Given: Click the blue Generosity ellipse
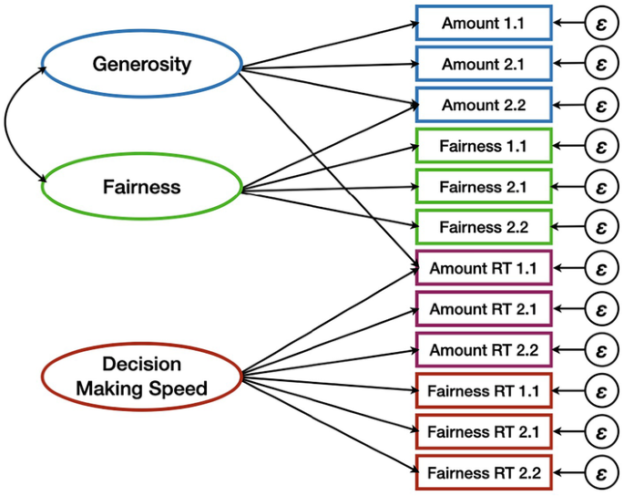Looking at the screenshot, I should [141, 65].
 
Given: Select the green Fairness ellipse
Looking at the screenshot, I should [141, 188].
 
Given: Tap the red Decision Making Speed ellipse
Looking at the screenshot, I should [141, 377].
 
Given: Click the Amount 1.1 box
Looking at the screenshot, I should [483, 23].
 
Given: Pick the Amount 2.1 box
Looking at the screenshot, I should [483, 64].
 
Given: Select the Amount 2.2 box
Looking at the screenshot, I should [483, 105].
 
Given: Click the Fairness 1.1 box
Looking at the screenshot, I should [483, 146].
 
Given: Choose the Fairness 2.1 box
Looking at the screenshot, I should [483, 187].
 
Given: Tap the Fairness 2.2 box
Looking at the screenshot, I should [483, 227].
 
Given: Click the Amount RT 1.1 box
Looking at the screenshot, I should [483, 268].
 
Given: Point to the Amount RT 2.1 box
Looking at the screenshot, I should [483, 309].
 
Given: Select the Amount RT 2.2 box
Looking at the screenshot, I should [483, 350].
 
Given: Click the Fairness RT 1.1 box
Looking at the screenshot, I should [483, 391].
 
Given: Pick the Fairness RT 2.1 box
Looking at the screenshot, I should [483, 432].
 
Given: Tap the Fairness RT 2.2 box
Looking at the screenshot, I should [483, 473].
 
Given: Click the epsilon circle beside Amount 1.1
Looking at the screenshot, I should [601, 23].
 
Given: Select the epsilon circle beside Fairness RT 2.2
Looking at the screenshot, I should [601, 473].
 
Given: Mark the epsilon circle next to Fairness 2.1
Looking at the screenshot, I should [601, 187].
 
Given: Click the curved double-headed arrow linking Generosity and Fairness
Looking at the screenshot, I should [8, 126].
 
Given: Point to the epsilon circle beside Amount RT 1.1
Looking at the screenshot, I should [601, 268].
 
